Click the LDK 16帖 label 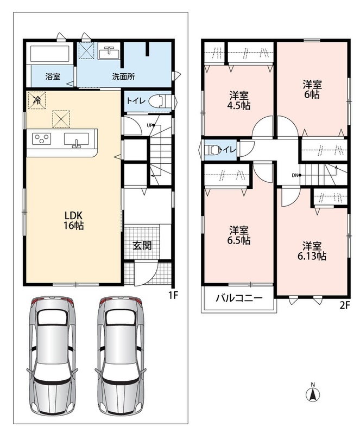pos(74,220)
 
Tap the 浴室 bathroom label pos(53,76)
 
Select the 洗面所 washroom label pos(124,76)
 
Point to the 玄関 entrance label pos(142,245)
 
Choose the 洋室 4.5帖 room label pos(239,100)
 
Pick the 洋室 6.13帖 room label pos(312,251)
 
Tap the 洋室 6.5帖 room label pos(239,235)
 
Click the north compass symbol pos(313,393)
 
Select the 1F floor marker pos(173,296)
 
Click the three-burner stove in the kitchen pos(42,139)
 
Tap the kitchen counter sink pos(77,139)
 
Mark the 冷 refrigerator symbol pos(36,100)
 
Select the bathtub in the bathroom pos(49,54)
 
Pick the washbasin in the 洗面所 pos(109,52)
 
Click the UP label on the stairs pos(150,125)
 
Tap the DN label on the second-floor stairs pos(295,175)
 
